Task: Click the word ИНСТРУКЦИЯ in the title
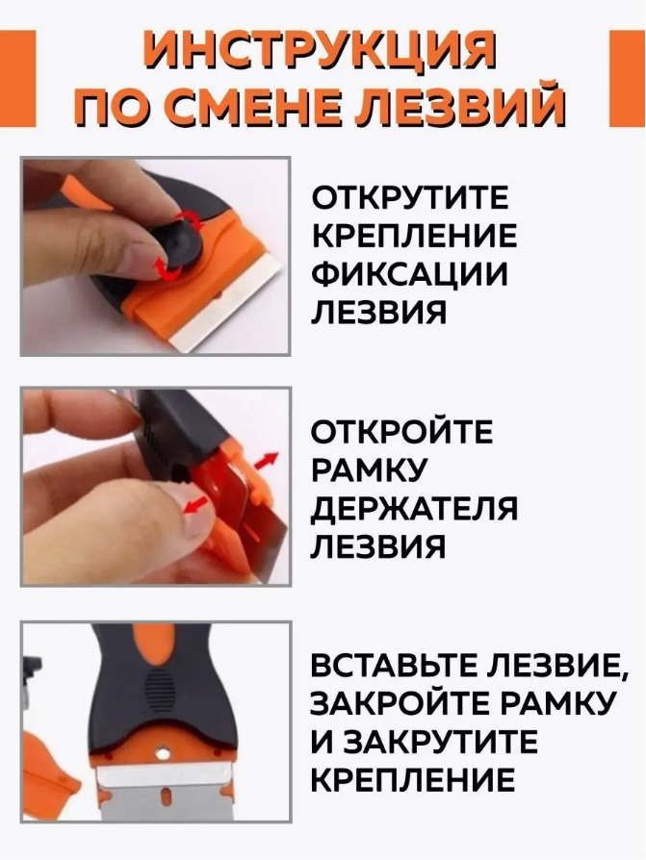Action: (x=323, y=52)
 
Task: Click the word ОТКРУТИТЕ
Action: (x=411, y=199)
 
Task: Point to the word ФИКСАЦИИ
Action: (x=409, y=274)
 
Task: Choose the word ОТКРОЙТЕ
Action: (x=401, y=432)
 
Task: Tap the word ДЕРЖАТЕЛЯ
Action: (x=414, y=509)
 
